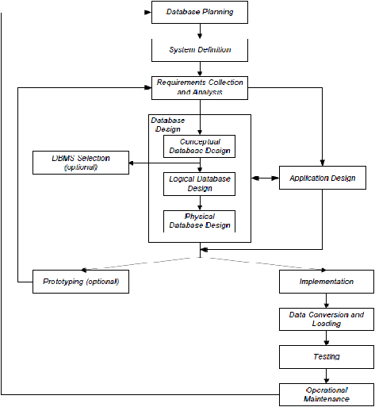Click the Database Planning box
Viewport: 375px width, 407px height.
click(200, 12)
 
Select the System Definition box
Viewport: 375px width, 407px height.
click(200, 50)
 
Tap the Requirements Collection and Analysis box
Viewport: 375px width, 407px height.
click(200, 88)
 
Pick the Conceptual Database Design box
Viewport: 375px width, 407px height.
click(199, 147)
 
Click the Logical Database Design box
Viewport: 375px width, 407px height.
click(199, 184)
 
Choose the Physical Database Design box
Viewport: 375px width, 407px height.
click(199, 221)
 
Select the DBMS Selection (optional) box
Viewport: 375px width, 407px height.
click(81, 163)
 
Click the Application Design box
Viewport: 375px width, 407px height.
click(323, 178)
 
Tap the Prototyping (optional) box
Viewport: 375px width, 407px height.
click(81, 282)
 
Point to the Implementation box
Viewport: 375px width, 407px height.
click(327, 282)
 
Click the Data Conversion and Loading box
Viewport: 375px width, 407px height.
click(327, 319)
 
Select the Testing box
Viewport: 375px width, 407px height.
click(327, 357)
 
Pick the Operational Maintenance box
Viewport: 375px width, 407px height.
click(327, 394)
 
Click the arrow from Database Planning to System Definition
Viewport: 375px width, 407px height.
click(200, 31)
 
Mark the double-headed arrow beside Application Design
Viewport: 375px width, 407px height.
click(265, 179)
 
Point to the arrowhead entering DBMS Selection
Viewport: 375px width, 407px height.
click(132, 163)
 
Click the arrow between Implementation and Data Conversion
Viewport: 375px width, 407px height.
click(327, 301)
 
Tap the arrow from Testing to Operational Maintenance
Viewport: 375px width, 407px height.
click(327, 376)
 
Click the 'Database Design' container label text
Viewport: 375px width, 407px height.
click(168, 125)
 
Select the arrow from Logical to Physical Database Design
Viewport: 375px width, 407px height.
click(200, 203)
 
